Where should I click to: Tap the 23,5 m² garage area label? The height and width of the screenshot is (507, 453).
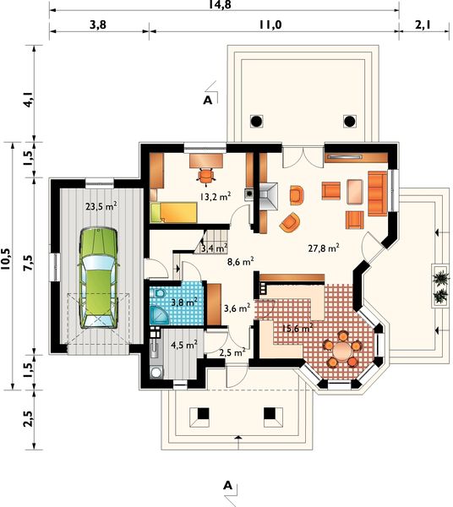pyautogui.click(x=101, y=206)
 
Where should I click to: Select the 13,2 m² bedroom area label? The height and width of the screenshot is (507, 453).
pyautogui.click(x=216, y=196)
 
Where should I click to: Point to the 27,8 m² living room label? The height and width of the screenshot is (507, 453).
pyautogui.click(x=324, y=248)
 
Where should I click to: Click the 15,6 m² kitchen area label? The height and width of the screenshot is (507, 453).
pyautogui.click(x=297, y=328)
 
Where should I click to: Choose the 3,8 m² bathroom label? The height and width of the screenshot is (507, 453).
pyautogui.click(x=184, y=303)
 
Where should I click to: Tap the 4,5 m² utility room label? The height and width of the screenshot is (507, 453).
pyautogui.click(x=184, y=345)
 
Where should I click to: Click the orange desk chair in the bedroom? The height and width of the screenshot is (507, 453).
pyautogui.click(x=206, y=176)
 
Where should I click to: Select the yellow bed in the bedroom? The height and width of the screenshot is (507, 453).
pyautogui.click(x=173, y=212)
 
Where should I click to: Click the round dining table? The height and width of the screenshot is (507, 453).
pyautogui.click(x=342, y=350)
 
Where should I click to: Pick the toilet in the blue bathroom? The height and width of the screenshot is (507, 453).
pyautogui.click(x=159, y=293)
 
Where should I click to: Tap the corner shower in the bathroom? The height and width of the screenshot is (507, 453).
pyautogui.click(x=160, y=314)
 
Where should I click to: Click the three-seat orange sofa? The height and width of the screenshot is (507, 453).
pyautogui.click(x=377, y=194)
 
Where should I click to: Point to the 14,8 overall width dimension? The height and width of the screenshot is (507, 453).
pyautogui.click(x=220, y=5)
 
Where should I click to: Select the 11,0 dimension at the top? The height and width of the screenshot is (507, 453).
pyautogui.click(x=270, y=25)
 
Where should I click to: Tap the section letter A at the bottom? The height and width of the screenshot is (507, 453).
pyautogui.click(x=228, y=485)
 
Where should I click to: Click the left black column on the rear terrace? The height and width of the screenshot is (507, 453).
pyautogui.click(x=256, y=122)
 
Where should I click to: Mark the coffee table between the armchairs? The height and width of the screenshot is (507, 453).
pyautogui.click(x=355, y=192)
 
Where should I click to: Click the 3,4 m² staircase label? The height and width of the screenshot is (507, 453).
pyautogui.click(x=214, y=248)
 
